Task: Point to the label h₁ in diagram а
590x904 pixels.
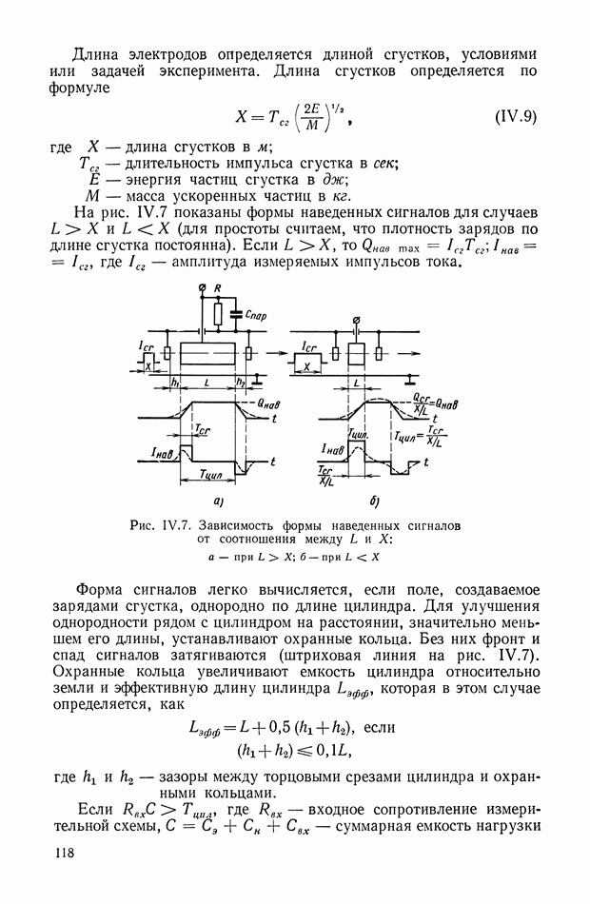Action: coord(175,382)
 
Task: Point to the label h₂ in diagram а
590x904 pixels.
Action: coord(241,382)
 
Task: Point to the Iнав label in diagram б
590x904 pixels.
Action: coord(332,447)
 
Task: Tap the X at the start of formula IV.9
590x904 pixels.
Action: coord(242,118)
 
